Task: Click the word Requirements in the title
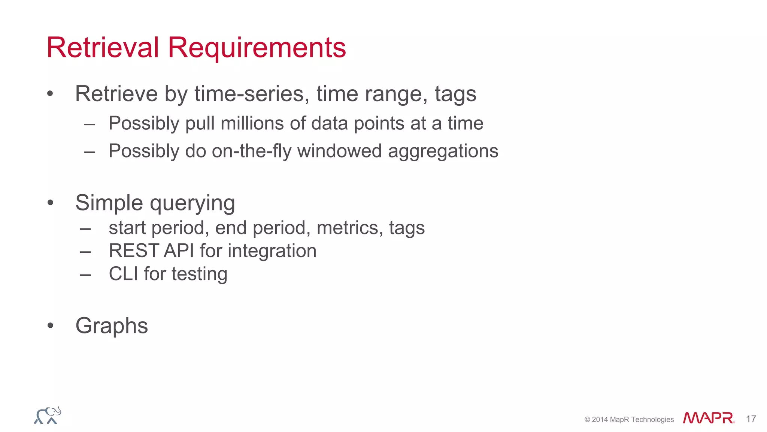[257, 48]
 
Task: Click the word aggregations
[443, 151]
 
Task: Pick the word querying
[192, 203]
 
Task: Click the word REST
[133, 250]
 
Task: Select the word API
[179, 250]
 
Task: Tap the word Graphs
[112, 325]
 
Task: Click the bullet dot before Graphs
[51, 325]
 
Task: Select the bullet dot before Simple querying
[51, 203]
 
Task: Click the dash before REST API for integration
[85, 251]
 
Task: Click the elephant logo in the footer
[48, 415]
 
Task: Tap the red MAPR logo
[709, 418]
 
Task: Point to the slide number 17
[751, 419]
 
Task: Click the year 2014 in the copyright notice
[600, 420]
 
